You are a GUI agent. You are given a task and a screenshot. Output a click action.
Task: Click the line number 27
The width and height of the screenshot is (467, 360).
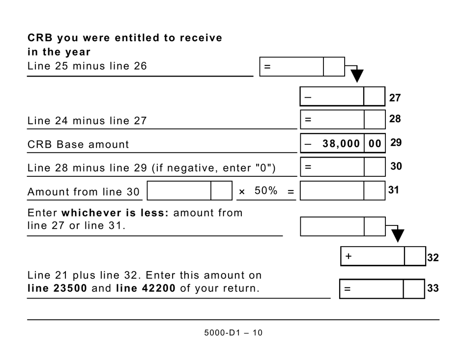coord(395,98)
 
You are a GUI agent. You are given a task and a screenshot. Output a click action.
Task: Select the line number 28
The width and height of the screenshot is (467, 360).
coord(395,119)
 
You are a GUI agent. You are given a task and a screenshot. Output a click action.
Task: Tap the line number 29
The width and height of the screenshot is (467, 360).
coord(396,143)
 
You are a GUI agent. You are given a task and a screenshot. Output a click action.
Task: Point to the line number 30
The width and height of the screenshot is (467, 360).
coord(396,166)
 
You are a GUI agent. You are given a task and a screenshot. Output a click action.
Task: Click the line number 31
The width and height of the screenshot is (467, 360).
coord(394,190)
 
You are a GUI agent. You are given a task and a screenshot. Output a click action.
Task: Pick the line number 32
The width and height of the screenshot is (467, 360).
coord(433,257)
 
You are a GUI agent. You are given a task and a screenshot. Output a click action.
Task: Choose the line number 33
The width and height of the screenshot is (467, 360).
coord(433,288)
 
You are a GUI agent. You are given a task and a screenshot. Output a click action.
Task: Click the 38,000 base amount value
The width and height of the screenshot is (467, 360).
coord(341,143)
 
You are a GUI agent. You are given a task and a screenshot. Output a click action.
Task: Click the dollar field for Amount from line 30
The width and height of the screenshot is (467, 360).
coord(179,191)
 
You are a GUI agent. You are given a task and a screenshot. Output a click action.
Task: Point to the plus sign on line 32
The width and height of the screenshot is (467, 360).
coord(349,256)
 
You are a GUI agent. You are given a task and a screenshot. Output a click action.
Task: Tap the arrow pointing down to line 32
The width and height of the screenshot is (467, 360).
coord(397,236)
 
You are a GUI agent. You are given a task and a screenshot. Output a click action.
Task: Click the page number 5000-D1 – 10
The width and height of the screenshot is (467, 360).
coord(233,332)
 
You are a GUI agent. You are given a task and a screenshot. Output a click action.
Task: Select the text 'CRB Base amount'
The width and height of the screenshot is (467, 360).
coord(78,144)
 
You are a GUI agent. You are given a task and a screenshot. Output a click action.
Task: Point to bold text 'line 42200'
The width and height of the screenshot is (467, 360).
coord(146,288)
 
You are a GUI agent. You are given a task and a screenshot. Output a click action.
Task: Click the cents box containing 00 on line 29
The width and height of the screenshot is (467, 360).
coord(375,143)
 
